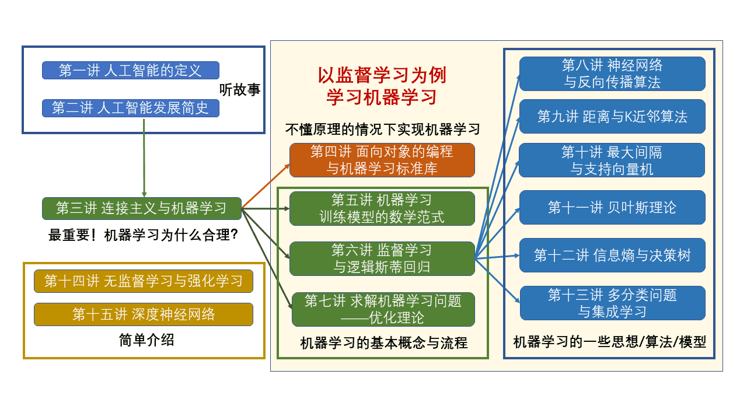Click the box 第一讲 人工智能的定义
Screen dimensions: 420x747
[130, 71]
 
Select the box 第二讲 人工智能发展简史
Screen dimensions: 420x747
[130, 108]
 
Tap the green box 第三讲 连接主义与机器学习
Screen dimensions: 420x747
[141, 208]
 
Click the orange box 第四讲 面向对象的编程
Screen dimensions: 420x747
[382, 160]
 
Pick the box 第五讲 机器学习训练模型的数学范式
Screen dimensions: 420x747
[382, 208]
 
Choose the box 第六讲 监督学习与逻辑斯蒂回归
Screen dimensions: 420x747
[382, 258]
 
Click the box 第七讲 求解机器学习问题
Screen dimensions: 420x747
[383, 309]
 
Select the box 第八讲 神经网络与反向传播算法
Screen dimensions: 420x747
[612, 73]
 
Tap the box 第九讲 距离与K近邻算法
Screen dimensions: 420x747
[612, 117]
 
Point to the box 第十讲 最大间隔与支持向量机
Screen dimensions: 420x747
[612, 160]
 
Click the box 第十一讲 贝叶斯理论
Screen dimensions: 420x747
[612, 208]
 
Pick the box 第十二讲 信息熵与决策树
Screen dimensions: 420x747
[612, 256]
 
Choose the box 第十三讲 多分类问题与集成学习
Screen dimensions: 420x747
[612, 303]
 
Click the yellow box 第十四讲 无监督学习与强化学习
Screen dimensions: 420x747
[144, 281]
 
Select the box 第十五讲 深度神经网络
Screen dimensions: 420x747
[144, 314]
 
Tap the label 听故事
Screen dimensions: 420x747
[239, 90]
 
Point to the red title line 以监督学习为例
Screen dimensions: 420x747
[382, 76]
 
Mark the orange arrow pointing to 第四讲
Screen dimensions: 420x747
[266, 185]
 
